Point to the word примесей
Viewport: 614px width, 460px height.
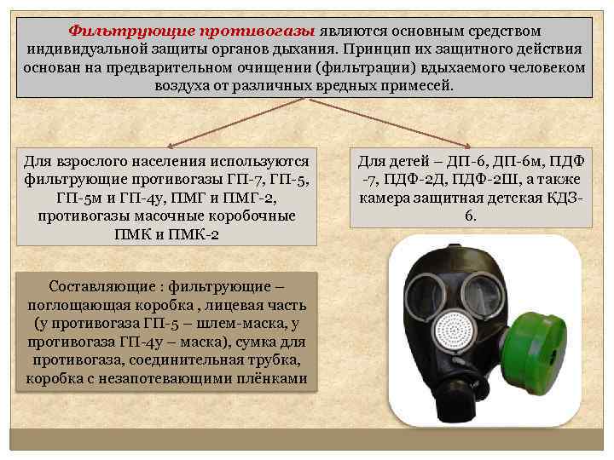[x=421, y=87]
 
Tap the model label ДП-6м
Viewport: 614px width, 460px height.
[x=507, y=161]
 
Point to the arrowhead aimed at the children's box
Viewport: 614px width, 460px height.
[x=466, y=144]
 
